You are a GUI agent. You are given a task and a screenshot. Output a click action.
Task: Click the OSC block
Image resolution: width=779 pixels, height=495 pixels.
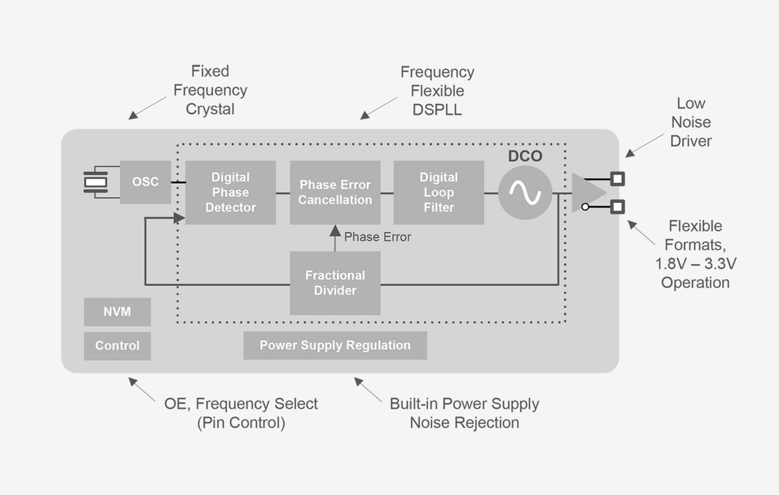[x=146, y=182]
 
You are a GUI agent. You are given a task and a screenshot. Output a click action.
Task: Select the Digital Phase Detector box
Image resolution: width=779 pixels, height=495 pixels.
[x=230, y=192]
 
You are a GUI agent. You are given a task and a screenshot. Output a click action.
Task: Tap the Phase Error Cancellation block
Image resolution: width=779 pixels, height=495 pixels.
[x=335, y=192]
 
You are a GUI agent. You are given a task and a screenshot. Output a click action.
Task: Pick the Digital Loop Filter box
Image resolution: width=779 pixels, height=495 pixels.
[x=439, y=192]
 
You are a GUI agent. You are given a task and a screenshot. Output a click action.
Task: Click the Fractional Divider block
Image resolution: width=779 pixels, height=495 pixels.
[x=335, y=283]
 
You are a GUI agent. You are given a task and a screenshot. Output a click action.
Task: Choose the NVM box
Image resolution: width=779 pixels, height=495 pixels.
[x=117, y=312]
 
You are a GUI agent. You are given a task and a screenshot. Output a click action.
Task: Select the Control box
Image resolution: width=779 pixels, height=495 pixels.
[x=117, y=346]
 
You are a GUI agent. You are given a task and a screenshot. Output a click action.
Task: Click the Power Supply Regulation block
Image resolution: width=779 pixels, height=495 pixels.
[x=335, y=346]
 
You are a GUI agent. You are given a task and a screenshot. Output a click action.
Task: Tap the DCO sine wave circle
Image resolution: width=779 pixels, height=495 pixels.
[x=525, y=192]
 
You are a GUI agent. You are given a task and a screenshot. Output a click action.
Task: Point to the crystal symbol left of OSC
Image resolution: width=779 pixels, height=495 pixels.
[x=95, y=182]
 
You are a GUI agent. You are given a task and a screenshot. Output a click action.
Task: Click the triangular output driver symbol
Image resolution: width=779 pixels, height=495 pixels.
[x=586, y=192]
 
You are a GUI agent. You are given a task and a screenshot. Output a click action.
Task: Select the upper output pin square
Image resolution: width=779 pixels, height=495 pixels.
[x=617, y=179]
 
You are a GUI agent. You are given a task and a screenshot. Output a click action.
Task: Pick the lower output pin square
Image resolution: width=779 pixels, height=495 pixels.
[x=617, y=207]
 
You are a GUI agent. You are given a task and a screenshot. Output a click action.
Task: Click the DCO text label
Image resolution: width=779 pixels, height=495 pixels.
[x=525, y=156]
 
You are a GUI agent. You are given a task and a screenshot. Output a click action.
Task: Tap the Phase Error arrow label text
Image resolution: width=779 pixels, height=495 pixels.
[x=378, y=237]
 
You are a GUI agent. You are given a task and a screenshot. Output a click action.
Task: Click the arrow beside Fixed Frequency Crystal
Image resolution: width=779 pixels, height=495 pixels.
[x=147, y=107]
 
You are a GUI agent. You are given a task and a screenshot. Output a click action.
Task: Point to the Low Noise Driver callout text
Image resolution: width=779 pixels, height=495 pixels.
[x=691, y=122]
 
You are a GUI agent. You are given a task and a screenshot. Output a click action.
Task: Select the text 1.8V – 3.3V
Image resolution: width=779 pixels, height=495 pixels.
[x=695, y=264]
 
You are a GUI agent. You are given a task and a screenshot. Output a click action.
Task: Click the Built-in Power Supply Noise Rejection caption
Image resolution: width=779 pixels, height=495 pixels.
[x=464, y=413]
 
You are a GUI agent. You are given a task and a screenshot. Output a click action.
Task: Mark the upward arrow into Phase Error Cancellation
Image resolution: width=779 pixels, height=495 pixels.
[x=335, y=238]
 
